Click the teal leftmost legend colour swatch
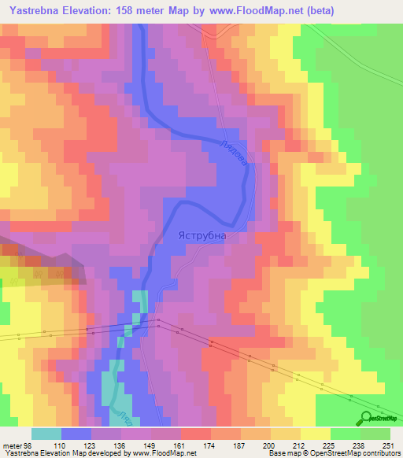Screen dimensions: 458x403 pyautogui.click(x=46, y=434)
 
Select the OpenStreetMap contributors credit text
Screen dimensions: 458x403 pyautogui.click(x=357, y=453)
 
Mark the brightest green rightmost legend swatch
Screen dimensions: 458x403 pyautogui.click(x=375, y=434)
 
